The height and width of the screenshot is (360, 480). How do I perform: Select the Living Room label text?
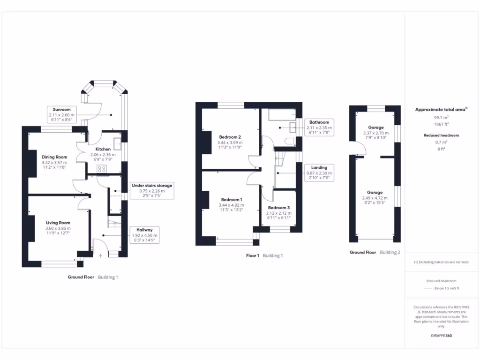point(58,223)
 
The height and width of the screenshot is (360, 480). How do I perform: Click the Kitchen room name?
point(103,149)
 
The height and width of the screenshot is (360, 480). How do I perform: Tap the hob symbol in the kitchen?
point(102,169)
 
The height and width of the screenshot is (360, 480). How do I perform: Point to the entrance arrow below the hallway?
point(100,256)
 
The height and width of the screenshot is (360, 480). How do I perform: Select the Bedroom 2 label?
point(230,137)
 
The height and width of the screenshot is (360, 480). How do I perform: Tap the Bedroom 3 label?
point(279,207)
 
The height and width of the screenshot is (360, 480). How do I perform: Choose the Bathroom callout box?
point(319,127)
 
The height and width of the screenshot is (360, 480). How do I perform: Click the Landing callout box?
point(319,172)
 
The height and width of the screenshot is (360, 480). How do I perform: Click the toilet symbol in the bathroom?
point(290,142)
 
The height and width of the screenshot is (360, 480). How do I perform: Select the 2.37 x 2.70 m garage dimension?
point(375,133)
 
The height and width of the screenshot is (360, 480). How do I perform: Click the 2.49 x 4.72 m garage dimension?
point(375,198)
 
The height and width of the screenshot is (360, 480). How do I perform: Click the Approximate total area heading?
point(440,109)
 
